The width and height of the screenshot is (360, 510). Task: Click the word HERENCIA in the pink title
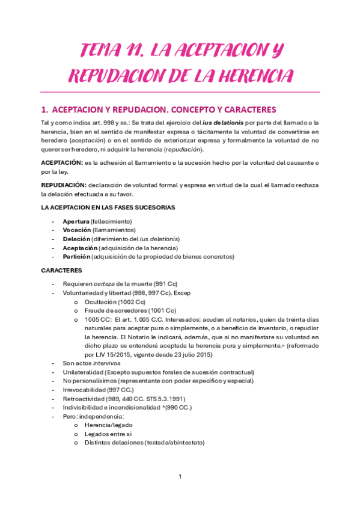[249, 76]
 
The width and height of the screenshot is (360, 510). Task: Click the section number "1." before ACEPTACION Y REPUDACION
[44, 110]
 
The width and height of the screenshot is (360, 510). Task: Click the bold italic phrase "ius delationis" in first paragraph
[219, 123]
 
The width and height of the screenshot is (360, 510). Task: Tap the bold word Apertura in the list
[77, 221]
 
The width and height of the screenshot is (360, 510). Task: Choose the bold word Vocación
[77, 230]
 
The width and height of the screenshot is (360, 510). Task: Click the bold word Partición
[77, 256]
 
